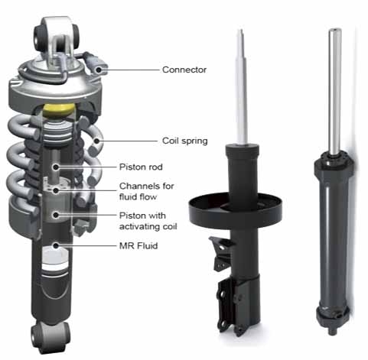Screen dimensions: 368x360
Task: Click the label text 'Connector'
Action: [184, 70]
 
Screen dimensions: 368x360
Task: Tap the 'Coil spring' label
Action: [184, 141]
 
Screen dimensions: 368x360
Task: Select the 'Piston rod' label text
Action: [141, 167]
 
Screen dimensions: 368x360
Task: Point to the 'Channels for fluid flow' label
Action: [146, 191]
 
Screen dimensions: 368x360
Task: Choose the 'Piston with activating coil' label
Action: [148, 221]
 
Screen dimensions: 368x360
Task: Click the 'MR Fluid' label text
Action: [138, 246]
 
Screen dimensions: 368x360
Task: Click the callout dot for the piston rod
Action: [56, 167]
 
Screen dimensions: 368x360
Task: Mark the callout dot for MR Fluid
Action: [56, 246]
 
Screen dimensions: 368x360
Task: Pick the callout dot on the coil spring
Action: [96, 141]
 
